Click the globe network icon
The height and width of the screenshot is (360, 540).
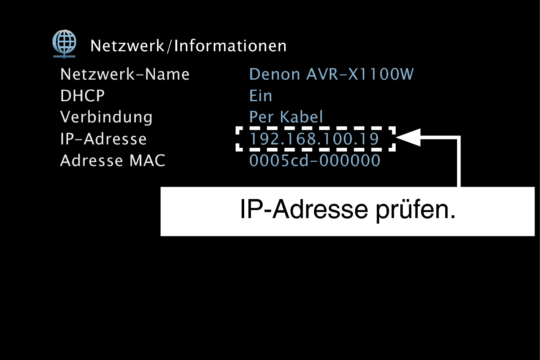point(64,44)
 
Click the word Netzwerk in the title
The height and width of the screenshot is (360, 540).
point(127,46)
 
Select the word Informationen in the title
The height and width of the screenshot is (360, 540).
point(230,46)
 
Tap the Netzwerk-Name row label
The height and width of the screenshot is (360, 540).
point(125,74)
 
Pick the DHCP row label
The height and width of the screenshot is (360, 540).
point(83,96)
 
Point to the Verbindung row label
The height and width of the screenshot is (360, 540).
point(106,117)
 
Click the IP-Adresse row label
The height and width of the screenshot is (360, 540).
point(103,139)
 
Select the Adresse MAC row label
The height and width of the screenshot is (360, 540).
point(113,161)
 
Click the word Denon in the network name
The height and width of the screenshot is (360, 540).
point(275,74)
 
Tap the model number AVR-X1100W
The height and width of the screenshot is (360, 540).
point(360,74)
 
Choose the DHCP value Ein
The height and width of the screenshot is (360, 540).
point(261,96)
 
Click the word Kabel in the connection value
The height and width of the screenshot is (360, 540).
point(301,117)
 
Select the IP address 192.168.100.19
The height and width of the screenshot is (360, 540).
point(314,139)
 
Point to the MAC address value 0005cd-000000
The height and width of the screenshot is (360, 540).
point(315,161)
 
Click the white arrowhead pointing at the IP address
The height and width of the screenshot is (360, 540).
point(408,137)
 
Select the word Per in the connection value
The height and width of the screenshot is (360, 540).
point(261,117)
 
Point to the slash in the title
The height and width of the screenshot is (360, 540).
point(169,46)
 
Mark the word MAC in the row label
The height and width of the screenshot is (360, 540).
point(147,161)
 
